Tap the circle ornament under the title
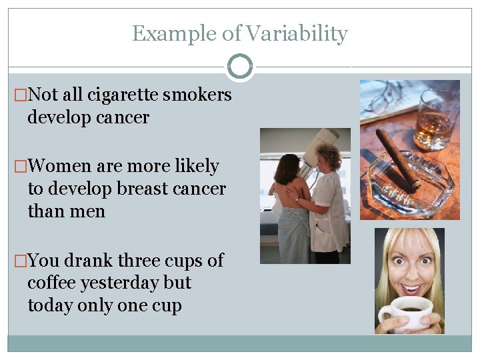click(240, 67)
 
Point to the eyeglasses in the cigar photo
click(383, 97)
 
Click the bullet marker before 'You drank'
click(20, 260)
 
